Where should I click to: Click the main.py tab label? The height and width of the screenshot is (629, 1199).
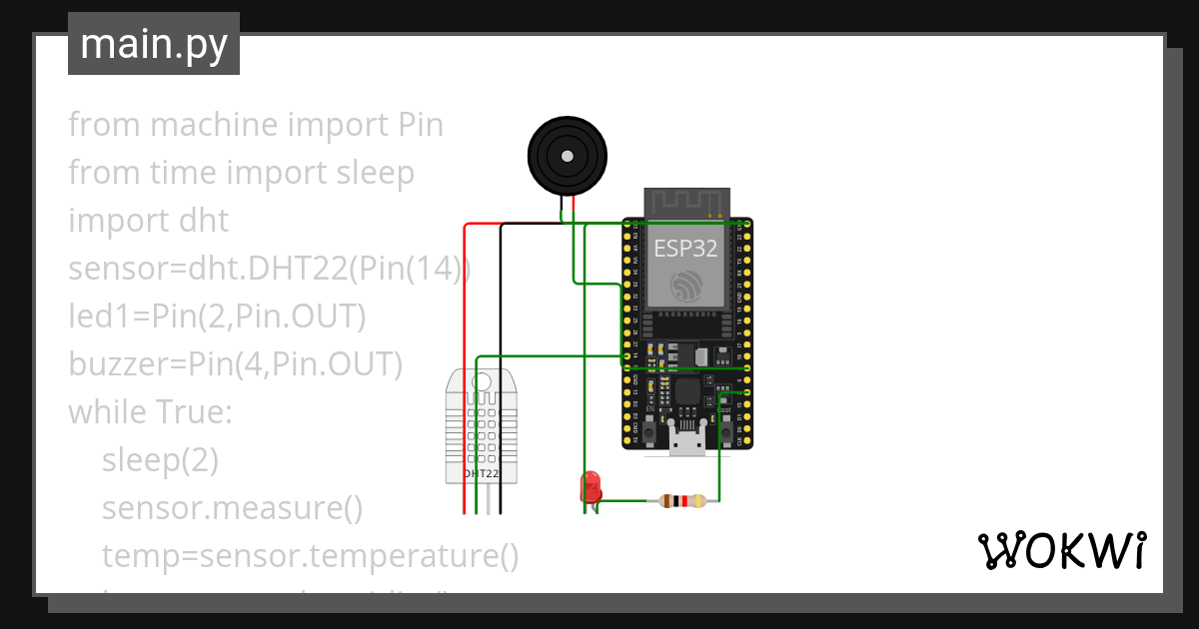coord(153,44)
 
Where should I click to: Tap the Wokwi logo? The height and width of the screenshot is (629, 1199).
coord(1060,551)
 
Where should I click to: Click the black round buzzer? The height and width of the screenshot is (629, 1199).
coord(567,156)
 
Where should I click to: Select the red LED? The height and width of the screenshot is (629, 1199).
coord(591,486)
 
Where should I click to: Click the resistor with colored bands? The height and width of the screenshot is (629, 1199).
coord(683,501)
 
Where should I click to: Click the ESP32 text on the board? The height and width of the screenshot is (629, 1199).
coord(685,250)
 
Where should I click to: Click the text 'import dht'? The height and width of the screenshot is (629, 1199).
coord(148,221)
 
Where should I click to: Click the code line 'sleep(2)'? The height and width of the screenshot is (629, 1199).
coord(160,460)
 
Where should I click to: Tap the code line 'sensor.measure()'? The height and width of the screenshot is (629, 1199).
coord(232,508)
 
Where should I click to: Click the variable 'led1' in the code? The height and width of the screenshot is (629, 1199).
coord(98,316)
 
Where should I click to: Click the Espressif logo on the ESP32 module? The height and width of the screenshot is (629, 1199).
coord(685,287)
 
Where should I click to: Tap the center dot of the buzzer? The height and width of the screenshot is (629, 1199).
coord(567,156)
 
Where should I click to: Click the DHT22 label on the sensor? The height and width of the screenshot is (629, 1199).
coord(481,473)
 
